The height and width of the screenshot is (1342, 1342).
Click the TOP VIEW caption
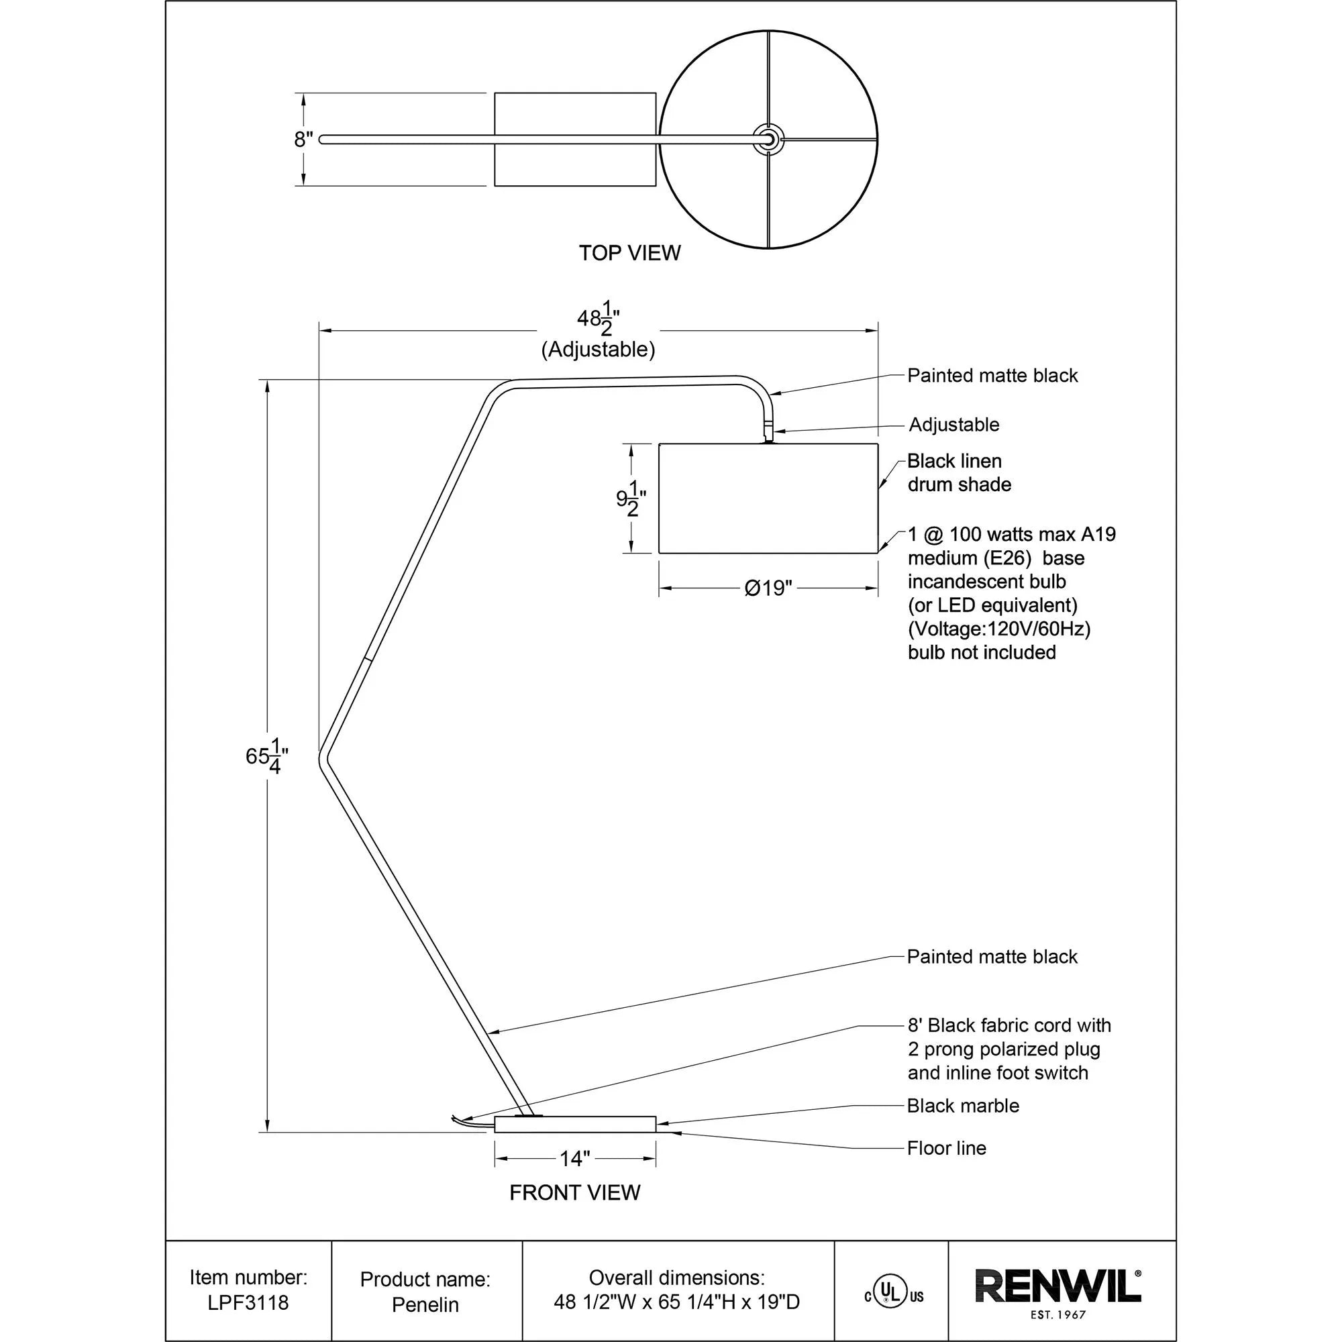629,253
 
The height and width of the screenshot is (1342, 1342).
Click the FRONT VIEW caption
574,1192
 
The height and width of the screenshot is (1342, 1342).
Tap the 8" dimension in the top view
303,140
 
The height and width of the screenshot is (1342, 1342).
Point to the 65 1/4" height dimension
267,756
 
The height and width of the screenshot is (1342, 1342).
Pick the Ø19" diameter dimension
768,588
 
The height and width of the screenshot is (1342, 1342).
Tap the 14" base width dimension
574,1158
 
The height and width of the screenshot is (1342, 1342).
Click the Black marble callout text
963,1105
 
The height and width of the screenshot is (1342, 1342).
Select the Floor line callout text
946,1147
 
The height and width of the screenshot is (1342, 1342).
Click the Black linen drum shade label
959,472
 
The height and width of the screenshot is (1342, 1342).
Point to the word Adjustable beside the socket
953,425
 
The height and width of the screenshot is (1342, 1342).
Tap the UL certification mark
893,1295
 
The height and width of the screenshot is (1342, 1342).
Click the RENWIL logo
1058,1286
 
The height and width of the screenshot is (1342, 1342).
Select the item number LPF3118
248,1302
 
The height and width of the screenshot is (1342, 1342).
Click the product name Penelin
425,1304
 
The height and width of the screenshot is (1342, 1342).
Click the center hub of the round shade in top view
768,139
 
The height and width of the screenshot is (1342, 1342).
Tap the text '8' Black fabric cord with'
1009,1025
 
